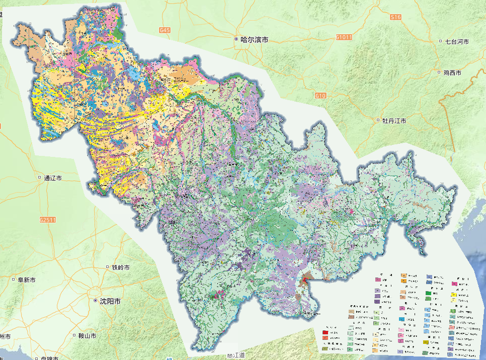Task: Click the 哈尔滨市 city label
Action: [x=255, y=39]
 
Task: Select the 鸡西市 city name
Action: [x=452, y=72]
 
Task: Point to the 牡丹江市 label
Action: [x=394, y=121]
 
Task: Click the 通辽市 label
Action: [x=53, y=178]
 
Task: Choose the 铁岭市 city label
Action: [x=120, y=267]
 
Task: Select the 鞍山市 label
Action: [x=87, y=335]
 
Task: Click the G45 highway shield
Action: [x=165, y=31]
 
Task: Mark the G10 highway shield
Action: [x=320, y=96]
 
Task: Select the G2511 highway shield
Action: [x=46, y=220]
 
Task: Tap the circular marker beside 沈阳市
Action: [x=96, y=302]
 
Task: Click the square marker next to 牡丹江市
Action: [x=378, y=121]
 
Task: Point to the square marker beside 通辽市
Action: [x=40, y=178]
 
